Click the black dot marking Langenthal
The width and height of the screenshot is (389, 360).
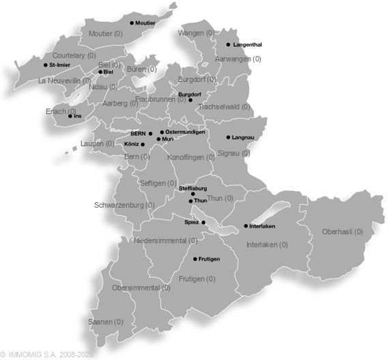[228, 44]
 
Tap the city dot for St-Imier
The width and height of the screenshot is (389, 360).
[45, 65]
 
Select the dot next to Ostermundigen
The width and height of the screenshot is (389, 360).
[162, 132]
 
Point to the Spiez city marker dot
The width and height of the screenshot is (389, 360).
[203, 222]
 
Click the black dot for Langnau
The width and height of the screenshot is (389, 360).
[228, 137]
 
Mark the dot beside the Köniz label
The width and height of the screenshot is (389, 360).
[143, 144]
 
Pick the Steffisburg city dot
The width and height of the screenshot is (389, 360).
[192, 193]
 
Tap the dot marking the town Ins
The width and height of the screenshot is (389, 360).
[70, 115]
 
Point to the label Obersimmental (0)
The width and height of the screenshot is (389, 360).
[140, 288]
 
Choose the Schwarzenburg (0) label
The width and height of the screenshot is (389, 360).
[124, 204]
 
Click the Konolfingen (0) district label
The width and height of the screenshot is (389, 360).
[191, 157]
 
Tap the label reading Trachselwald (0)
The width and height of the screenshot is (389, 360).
[225, 107]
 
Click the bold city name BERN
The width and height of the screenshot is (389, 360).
[139, 133]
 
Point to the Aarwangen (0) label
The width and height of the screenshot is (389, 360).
[238, 59]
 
